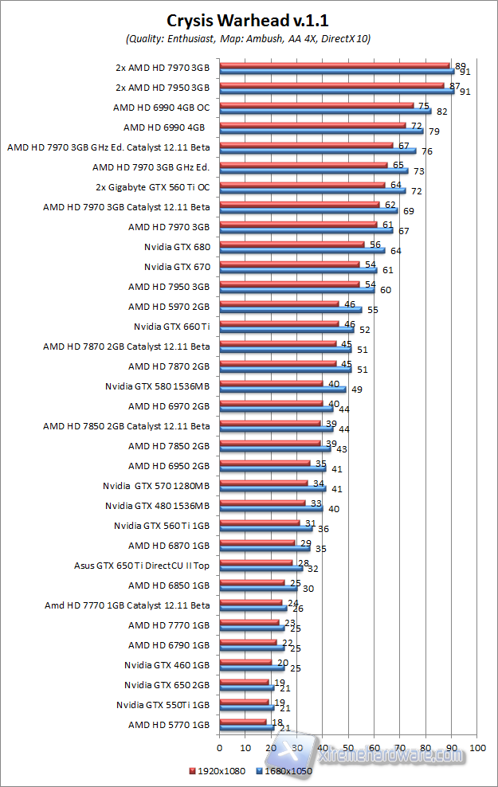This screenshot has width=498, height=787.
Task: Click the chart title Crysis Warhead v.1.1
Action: (x=248, y=21)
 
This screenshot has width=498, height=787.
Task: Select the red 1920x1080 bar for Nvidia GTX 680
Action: (x=291, y=245)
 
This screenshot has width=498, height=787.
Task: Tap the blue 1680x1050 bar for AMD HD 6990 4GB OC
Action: (x=324, y=111)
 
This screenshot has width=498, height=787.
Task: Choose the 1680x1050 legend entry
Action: (x=285, y=770)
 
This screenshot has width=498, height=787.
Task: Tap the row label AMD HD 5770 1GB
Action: (x=169, y=725)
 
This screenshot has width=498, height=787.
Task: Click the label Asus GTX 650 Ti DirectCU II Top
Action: (x=142, y=566)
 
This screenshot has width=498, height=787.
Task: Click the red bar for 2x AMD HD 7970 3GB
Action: (x=334, y=65)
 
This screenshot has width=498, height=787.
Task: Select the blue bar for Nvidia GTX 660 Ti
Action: (x=286, y=330)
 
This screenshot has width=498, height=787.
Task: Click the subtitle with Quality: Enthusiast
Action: (x=248, y=38)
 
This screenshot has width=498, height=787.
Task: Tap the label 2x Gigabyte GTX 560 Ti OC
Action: (x=152, y=187)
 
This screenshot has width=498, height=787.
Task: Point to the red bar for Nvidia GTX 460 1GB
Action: (x=245, y=661)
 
